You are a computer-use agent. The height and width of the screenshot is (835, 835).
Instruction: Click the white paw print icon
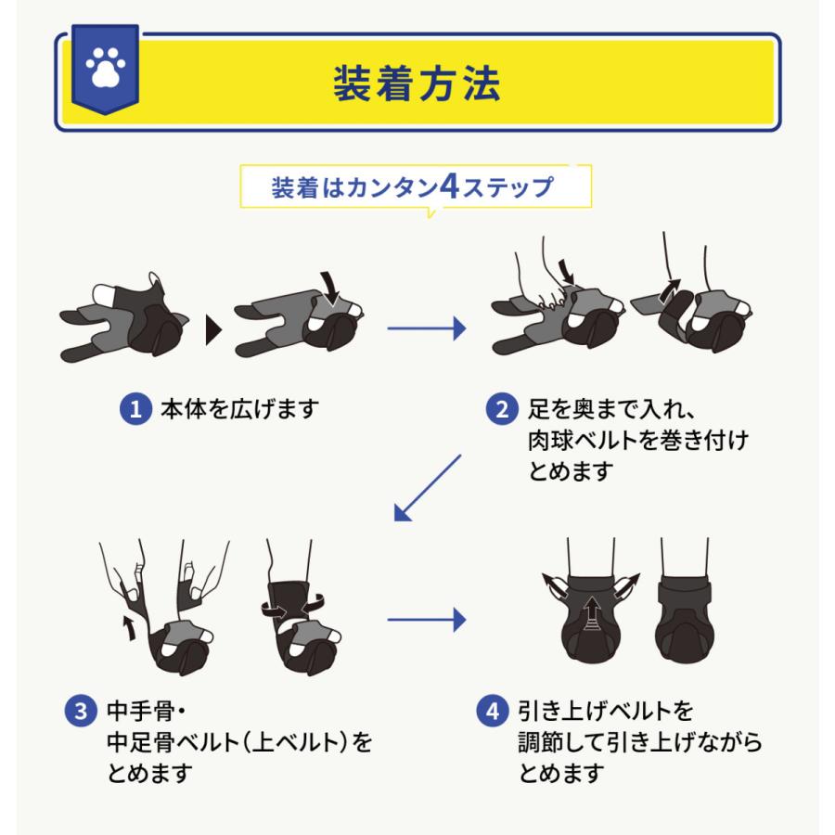pyautogui.click(x=106, y=67)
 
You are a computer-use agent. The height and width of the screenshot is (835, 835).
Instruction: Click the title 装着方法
pyautogui.click(x=417, y=83)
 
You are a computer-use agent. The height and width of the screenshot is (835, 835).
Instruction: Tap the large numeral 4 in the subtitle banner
pyautogui.click(x=450, y=186)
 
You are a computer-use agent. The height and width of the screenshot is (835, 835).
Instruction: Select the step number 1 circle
pyautogui.click(x=135, y=409)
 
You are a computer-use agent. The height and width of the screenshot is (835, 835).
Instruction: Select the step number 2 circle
pyautogui.click(x=502, y=409)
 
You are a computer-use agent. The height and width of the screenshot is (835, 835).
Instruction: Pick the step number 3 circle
pyautogui.click(x=81, y=711)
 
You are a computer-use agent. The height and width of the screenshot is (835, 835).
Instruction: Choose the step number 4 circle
pyautogui.click(x=493, y=711)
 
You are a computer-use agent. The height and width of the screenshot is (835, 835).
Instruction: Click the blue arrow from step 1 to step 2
pyautogui.click(x=427, y=328)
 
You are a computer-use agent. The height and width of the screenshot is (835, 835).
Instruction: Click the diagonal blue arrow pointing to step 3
pyautogui.click(x=427, y=488)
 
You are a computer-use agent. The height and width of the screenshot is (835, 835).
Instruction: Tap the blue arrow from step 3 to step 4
pyautogui.click(x=427, y=620)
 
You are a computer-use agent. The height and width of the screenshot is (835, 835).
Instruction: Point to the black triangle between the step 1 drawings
pyautogui.click(x=213, y=330)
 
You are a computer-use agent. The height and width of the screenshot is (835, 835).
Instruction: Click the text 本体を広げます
pyautogui.click(x=239, y=409)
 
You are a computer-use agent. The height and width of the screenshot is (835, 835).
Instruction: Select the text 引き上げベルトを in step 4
pyautogui.click(x=606, y=711)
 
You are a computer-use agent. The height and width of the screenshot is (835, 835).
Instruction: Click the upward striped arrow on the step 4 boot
pyautogui.click(x=591, y=613)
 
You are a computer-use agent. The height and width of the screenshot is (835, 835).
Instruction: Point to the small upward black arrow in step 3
pyautogui.click(x=127, y=628)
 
